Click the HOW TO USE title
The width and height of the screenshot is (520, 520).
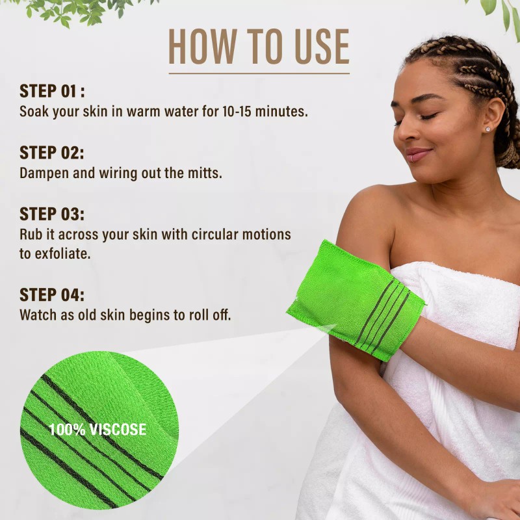click(x=259, y=47)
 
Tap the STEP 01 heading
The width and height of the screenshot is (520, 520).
click(x=52, y=91)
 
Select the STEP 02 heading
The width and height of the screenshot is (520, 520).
click(x=52, y=153)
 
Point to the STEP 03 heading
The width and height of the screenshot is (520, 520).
click(x=52, y=214)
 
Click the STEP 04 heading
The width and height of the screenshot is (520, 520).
click(x=52, y=294)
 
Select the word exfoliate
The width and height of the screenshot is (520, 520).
click(x=62, y=253)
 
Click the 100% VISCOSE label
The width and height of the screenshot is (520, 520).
click(x=97, y=430)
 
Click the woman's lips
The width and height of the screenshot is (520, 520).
click(x=416, y=154)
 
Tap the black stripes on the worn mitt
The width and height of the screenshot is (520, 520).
click(x=383, y=315)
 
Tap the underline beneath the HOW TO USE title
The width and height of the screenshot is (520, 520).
click(x=259, y=73)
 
